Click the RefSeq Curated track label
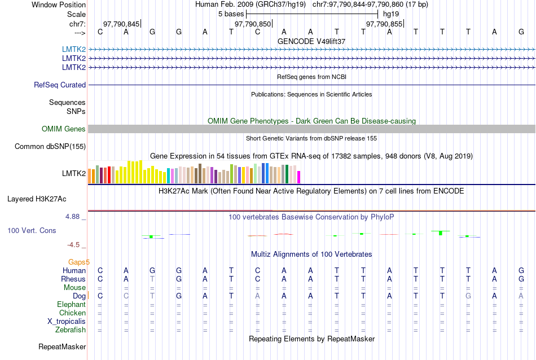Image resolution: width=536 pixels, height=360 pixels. point(60,85)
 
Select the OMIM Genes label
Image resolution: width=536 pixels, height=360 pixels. point(64,129)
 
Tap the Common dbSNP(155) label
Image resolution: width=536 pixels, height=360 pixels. point(50,147)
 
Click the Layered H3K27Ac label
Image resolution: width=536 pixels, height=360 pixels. point(37,199)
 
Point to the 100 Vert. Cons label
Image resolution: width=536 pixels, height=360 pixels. point(32,231)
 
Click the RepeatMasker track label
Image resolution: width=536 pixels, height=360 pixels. point(62,346)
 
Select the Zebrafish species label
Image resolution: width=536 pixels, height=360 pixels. point(71,330)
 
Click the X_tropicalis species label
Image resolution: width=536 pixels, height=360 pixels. point(67,322)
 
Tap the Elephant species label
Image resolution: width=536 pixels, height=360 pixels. point(71,305)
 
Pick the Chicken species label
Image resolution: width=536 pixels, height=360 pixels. point(72,313)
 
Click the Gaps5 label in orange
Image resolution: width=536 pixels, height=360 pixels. point(79,262)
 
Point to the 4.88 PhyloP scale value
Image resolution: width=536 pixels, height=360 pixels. point(73,217)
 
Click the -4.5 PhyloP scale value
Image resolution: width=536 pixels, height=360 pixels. point(74,245)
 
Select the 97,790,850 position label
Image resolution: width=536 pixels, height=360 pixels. point(253,24)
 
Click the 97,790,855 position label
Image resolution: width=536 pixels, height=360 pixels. point(384,24)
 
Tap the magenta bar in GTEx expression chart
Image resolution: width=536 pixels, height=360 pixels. point(299,177)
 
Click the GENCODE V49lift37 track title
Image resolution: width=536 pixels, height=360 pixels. point(311,41)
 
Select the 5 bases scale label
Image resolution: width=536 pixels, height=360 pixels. point(231,14)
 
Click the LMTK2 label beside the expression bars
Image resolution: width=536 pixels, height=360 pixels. point(74,173)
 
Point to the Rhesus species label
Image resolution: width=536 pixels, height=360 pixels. point(73,279)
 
